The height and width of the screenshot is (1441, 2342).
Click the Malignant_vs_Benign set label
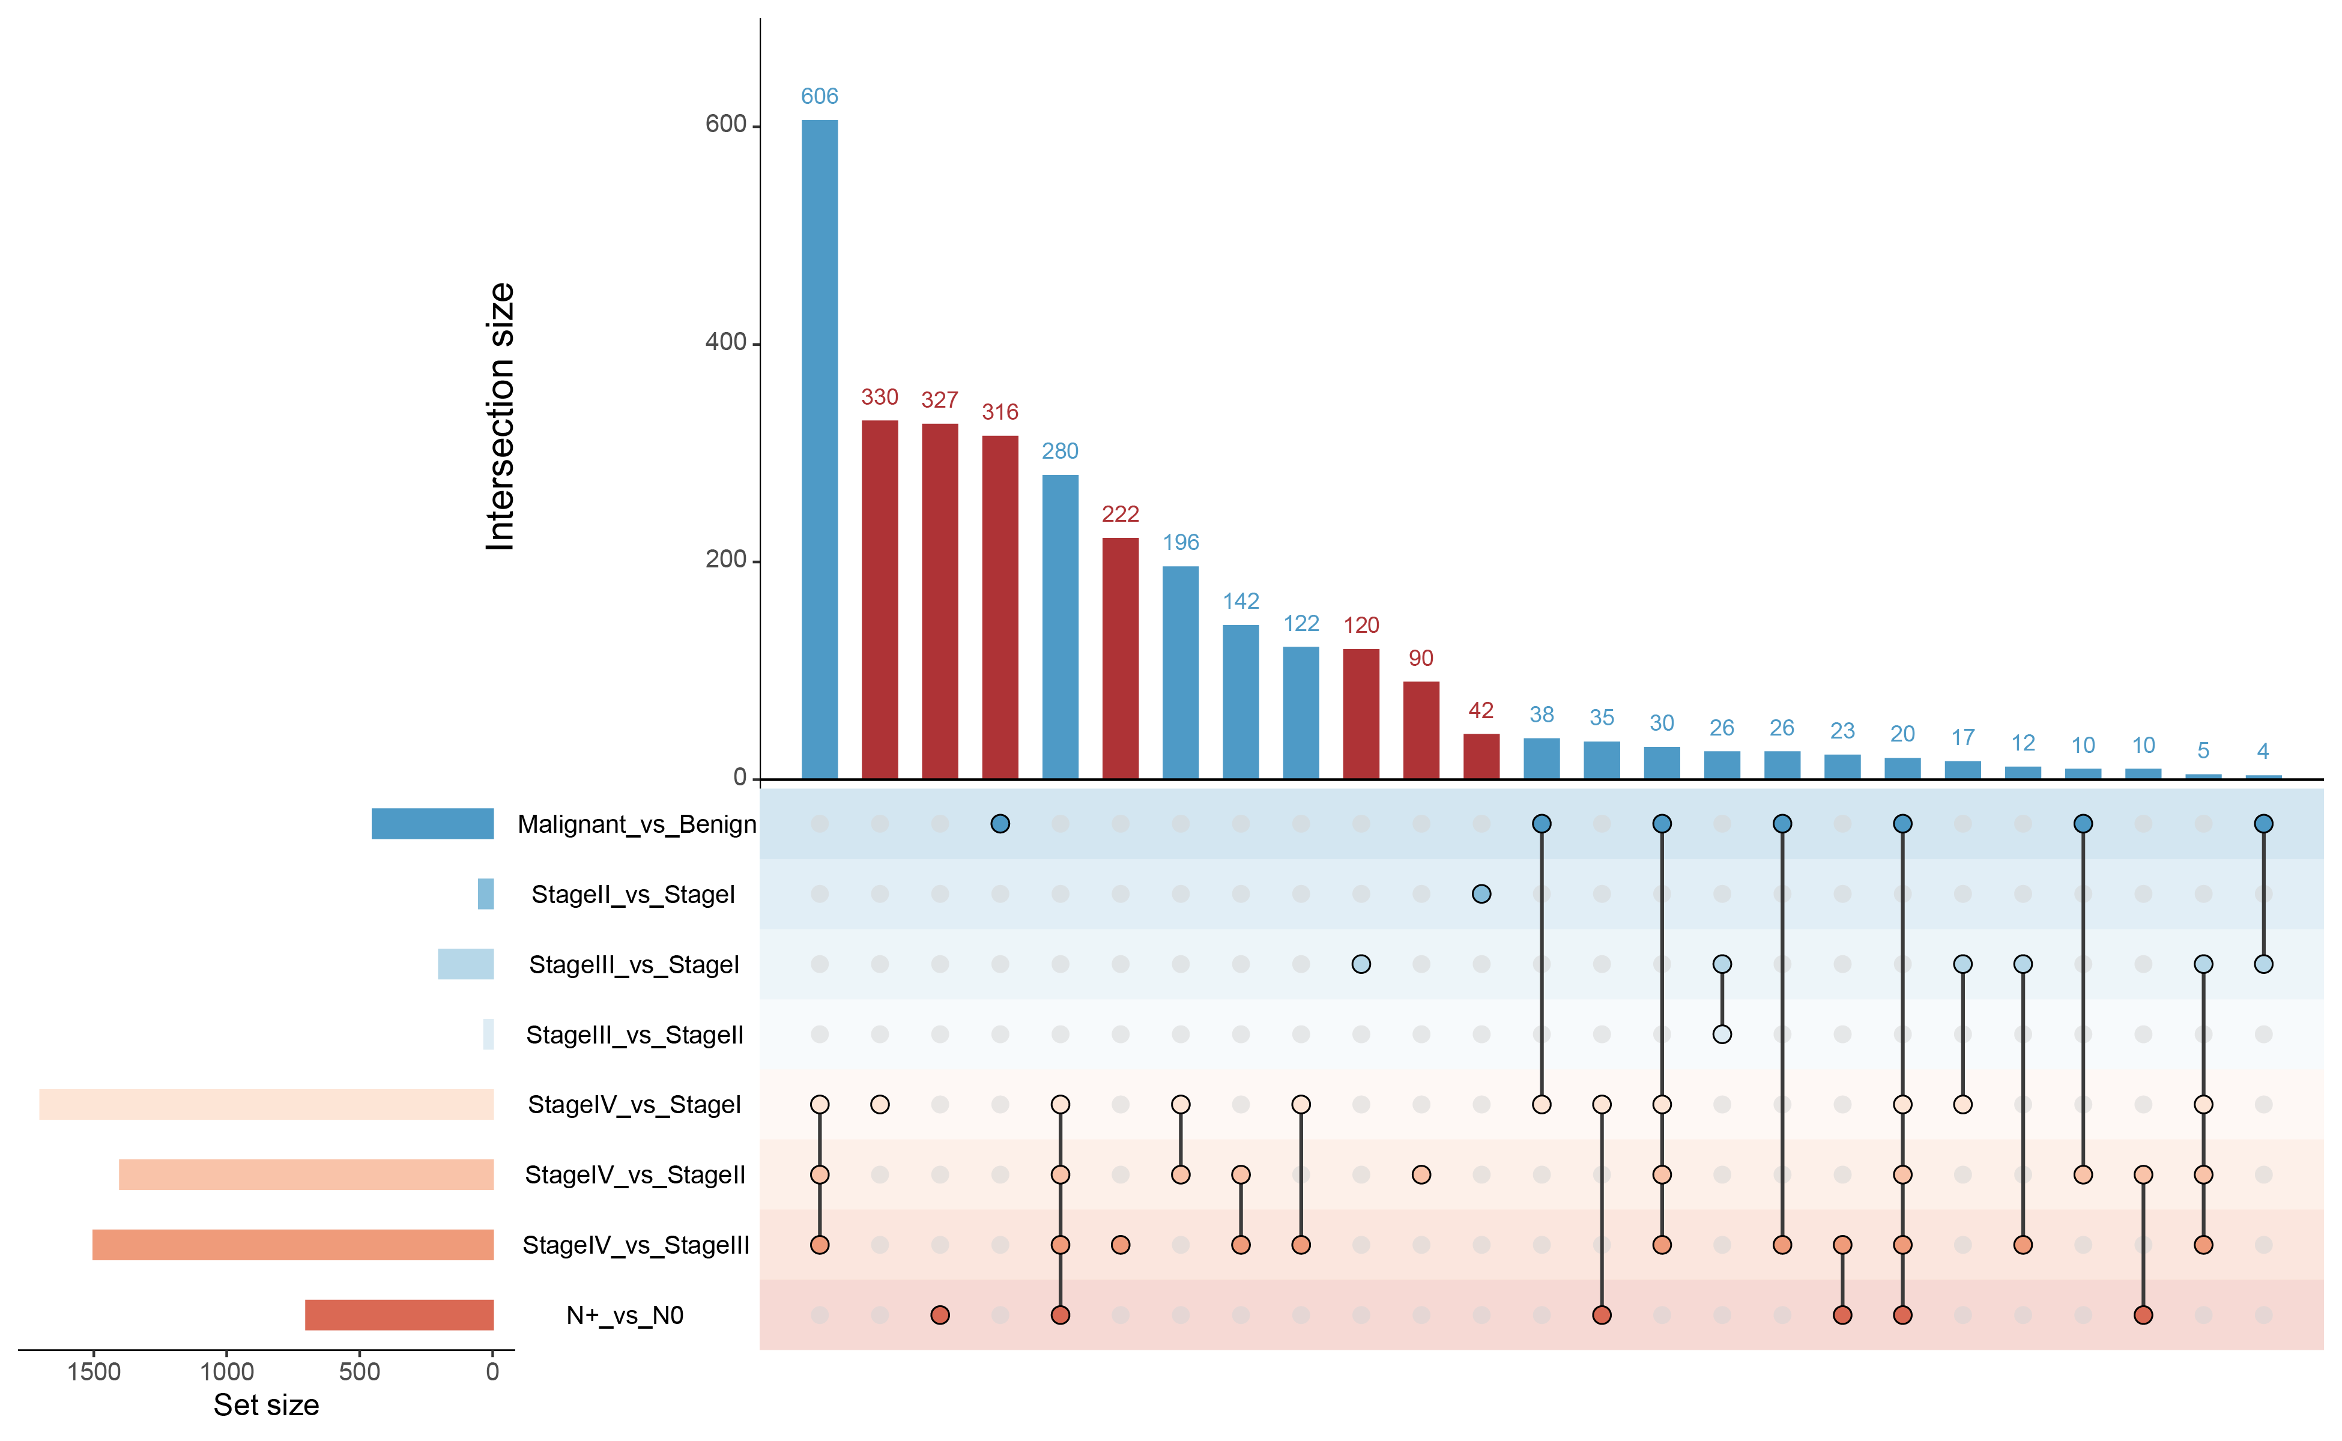tap(637, 824)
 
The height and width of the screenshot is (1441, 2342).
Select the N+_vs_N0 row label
tap(625, 1315)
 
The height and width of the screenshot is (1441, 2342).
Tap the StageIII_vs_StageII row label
tap(634, 1035)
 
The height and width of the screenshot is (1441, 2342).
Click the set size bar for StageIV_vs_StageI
tap(266, 1105)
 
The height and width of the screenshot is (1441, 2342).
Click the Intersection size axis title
tap(500, 417)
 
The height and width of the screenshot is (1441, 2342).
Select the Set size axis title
tap(266, 1406)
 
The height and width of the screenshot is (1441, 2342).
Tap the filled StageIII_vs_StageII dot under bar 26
tap(1722, 1034)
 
